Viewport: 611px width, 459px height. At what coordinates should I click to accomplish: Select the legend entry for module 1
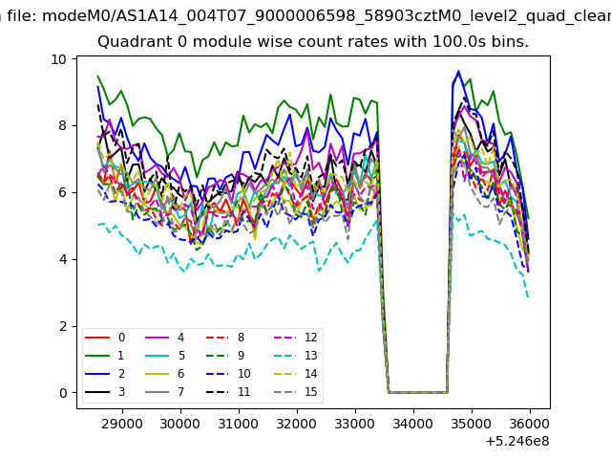[104, 356]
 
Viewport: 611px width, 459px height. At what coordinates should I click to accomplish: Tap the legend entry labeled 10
[228, 374]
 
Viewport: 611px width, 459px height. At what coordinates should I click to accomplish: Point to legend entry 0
[104, 338]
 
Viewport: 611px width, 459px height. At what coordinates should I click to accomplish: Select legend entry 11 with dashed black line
[228, 392]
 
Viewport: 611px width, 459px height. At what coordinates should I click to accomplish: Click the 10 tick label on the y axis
[58, 59]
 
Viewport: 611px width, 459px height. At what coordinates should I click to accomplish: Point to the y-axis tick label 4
[63, 259]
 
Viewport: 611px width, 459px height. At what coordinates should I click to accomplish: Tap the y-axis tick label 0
[63, 393]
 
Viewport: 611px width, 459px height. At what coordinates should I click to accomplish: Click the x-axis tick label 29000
[122, 424]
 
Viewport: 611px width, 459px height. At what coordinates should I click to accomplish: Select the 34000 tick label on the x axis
[413, 424]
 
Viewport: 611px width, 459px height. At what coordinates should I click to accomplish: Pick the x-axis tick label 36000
[529, 424]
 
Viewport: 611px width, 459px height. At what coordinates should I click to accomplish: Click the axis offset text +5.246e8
[517, 442]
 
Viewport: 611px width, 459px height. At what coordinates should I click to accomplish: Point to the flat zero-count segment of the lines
[418, 392]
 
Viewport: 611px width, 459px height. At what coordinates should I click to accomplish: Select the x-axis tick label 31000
[239, 424]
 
